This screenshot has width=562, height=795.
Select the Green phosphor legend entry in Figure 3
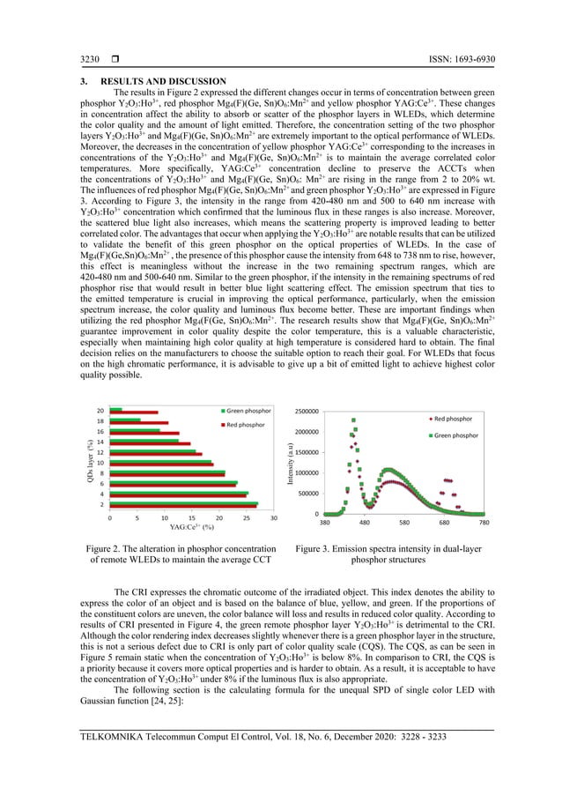click(455, 435)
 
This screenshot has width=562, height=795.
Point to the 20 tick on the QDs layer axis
click(101, 411)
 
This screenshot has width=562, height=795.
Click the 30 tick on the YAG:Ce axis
click(273, 518)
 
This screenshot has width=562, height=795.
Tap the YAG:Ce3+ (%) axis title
click(191, 528)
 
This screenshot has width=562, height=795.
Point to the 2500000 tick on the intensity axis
click(307, 411)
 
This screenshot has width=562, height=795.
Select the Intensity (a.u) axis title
click(292, 461)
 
